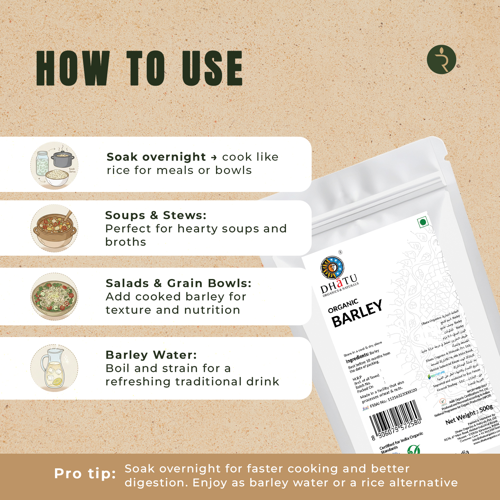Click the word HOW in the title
(x=73, y=68)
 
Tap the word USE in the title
(x=212, y=68)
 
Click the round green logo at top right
(x=441, y=60)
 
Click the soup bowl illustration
(x=54, y=229)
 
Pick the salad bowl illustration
(x=54, y=296)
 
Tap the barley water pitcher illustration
(x=54, y=368)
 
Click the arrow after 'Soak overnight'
(x=214, y=157)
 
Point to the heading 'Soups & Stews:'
(x=156, y=215)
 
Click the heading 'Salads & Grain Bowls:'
(x=178, y=283)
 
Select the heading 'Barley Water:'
(x=151, y=355)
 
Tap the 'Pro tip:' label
(x=85, y=474)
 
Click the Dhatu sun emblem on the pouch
(x=332, y=268)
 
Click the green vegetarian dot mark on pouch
(x=423, y=222)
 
